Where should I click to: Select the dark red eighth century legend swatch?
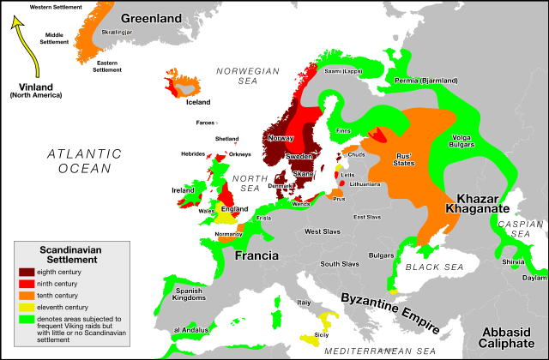click(27, 273)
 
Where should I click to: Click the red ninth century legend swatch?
click(27, 284)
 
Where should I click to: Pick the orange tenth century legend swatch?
click(27, 295)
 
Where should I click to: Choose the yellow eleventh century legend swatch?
click(27, 306)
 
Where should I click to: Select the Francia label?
click(256, 255)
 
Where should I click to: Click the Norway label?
click(281, 138)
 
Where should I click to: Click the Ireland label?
click(183, 190)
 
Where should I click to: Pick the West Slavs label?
click(323, 231)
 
